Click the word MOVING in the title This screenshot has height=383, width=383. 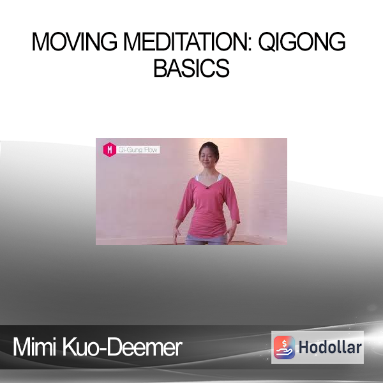coord(75,41)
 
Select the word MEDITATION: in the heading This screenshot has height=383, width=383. coord(188,41)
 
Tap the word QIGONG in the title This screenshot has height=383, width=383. coord(302,42)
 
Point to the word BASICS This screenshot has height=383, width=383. coord(191,68)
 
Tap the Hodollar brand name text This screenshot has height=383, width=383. coord(330,347)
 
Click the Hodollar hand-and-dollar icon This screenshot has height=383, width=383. coord(284,347)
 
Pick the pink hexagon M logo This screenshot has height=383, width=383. coord(109,149)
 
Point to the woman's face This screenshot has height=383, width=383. coord(207,157)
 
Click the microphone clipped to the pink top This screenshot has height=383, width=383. coord(207,188)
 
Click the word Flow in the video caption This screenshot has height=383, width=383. coord(150,149)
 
